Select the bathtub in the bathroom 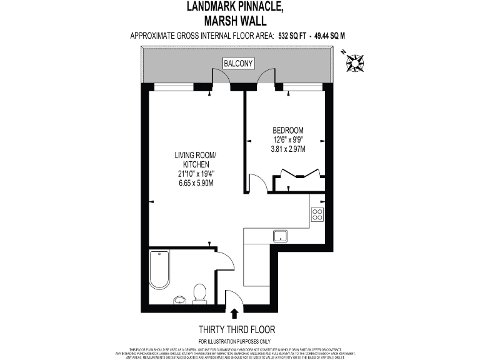(x=160, y=270)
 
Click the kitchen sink (x=279, y=236)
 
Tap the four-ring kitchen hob (x=317, y=214)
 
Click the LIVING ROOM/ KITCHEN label (x=196, y=159)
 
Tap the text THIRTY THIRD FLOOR (x=236, y=329)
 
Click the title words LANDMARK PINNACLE (x=236, y=7)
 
